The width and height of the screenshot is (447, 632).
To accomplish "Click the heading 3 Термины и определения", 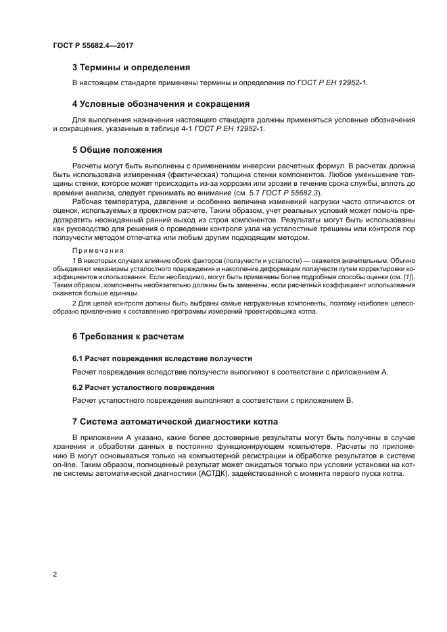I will pyautogui.click(x=131, y=68).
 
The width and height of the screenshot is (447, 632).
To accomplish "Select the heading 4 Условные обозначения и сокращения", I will pyautogui.click(x=161, y=104).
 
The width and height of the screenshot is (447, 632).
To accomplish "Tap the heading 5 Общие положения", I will pyautogui.click(x=117, y=149).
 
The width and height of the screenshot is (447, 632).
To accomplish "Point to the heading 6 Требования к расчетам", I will pyautogui.click(x=128, y=336).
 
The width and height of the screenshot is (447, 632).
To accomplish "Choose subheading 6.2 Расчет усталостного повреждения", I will pyautogui.click(x=143, y=387).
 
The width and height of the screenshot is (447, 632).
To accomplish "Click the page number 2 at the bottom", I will pyautogui.click(x=55, y=575).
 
